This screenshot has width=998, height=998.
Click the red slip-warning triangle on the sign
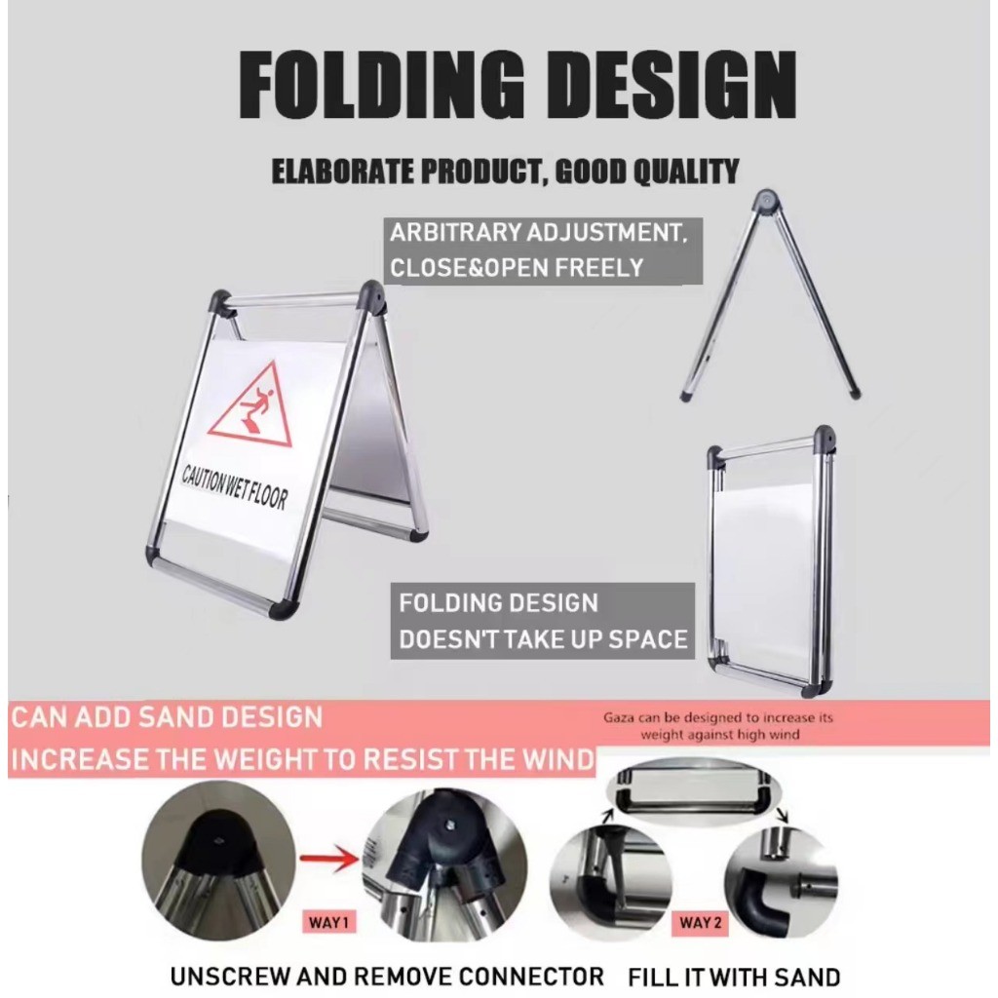[x=252, y=404]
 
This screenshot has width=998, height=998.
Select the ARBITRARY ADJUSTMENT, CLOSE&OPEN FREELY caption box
[x=542, y=250]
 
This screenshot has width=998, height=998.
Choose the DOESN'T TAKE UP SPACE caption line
[x=542, y=639]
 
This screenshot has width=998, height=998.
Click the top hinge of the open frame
[x=768, y=202]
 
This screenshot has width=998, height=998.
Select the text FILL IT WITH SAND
[x=734, y=976]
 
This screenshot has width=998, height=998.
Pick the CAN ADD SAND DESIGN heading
[x=166, y=717]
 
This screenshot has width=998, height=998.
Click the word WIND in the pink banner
[x=557, y=759]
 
